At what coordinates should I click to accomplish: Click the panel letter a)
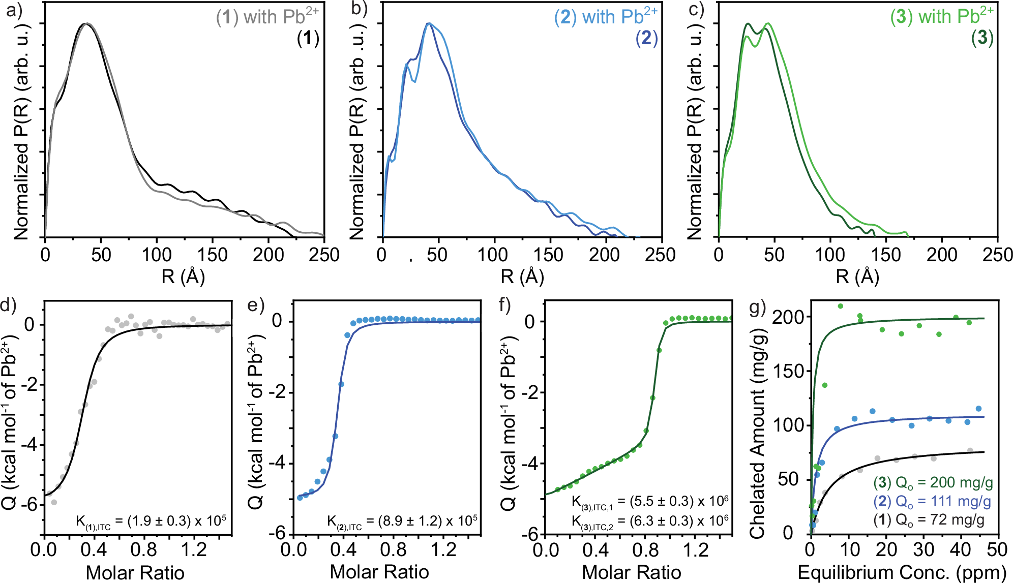[14, 11]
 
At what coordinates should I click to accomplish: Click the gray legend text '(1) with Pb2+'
[267, 17]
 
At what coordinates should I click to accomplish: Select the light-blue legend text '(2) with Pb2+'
[605, 17]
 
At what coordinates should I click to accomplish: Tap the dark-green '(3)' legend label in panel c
[981, 38]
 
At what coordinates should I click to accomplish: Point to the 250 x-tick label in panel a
[324, 255]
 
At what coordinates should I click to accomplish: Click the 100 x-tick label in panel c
[830, 255]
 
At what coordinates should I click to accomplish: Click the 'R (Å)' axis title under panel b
[522, 277]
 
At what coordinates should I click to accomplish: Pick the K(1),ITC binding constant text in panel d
[151, 521]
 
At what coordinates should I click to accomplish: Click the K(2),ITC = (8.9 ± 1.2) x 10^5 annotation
[402, 521]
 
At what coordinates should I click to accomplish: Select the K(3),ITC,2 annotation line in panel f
[649, 521]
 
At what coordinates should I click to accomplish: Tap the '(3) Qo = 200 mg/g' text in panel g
[933, 482]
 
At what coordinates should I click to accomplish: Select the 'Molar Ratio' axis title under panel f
[631, 572]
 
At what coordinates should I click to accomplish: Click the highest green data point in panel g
[840, 306]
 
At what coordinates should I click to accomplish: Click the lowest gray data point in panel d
[54, 502]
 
